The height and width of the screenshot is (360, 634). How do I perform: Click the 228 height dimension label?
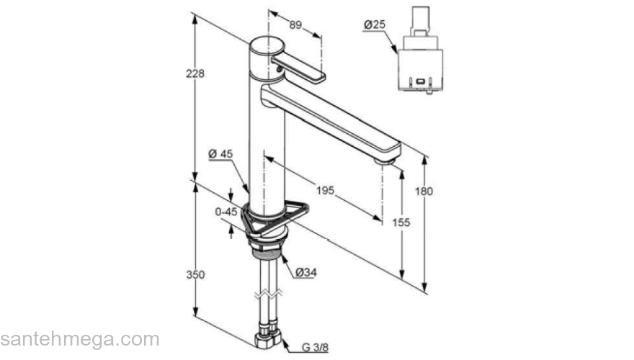195,73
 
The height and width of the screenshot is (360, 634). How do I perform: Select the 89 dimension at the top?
295,25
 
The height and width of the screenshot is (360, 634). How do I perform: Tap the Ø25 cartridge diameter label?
375,24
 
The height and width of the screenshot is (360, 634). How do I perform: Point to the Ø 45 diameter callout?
220,154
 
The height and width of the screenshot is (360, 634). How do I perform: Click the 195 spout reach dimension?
325,190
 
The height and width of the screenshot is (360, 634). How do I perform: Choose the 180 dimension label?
424,191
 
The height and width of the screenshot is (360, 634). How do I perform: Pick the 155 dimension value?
401,222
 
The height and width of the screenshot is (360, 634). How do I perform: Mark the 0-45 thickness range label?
226,211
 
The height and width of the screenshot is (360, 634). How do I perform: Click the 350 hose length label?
195,275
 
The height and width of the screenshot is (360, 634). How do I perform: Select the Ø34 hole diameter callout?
306,273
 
